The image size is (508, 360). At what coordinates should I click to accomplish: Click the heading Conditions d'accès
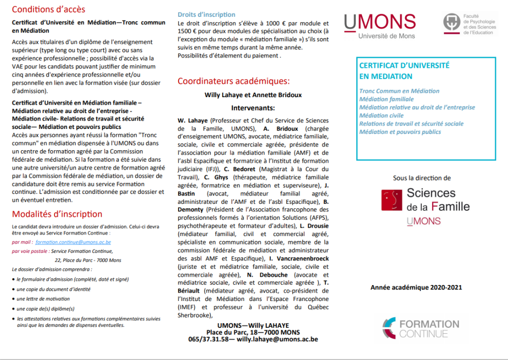pos(49,9)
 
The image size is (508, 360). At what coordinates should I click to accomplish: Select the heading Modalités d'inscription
pos(57,214)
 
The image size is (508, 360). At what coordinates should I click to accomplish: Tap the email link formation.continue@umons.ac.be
pos(73,242)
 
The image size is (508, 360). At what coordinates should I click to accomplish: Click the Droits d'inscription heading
pos(206,14)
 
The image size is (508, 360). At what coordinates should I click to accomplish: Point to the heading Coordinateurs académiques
pos(234,81)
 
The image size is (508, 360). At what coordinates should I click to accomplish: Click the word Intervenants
pos(253,108)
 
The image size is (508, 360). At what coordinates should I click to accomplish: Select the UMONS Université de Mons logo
pos(380,25)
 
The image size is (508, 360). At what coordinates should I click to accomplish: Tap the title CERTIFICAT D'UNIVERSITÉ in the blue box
pos(404,65)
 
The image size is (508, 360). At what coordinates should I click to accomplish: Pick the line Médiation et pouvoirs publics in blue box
pos(400,132)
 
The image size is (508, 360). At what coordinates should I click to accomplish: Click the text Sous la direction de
pos(422,178)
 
